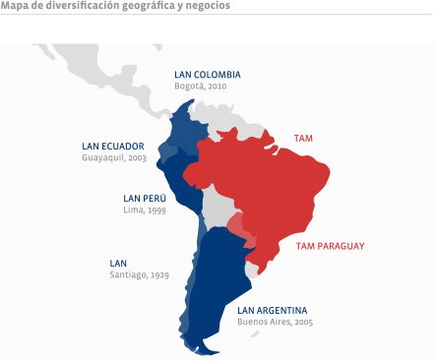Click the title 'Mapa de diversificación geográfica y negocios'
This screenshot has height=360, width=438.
pos(116,6)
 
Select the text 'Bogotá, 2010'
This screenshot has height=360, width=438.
pos(200,87)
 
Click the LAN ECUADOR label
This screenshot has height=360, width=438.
pos(113,147)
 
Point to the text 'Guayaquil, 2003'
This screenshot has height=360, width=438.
pos(114,157)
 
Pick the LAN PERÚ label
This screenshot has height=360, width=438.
pos(145,198)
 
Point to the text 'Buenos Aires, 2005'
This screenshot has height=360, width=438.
pos(277,322)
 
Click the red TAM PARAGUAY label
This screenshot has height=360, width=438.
pos(330,245)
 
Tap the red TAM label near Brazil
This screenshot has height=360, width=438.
pos(303,139)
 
